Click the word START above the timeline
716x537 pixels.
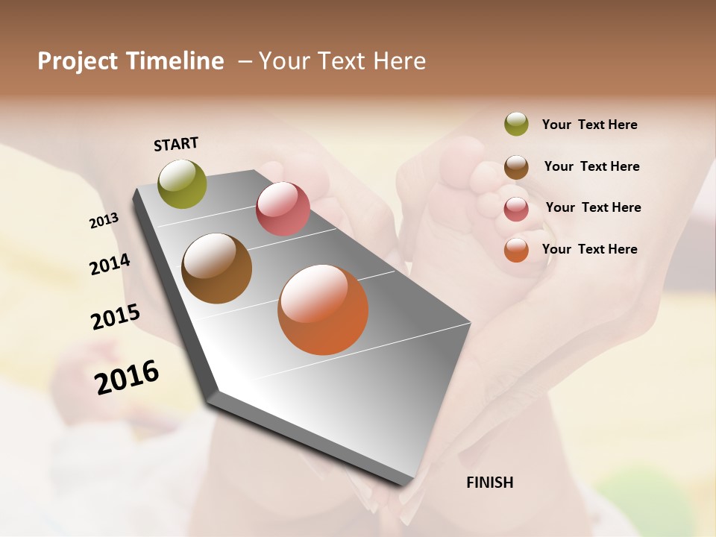[x=176, y=144]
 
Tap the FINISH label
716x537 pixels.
[x=489, y=483]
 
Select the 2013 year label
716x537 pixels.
[x=104, y=221]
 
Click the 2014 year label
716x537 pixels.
[x=110, y=264]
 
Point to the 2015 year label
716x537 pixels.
[x=116, y=317]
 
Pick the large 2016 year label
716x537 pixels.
[x=127, y=377]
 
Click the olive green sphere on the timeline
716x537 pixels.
[x=183, y=184]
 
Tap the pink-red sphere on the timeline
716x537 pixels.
[x=283, y=209]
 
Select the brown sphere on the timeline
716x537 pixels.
[x=216, y=268]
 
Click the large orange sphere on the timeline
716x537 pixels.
[x=323, y=310]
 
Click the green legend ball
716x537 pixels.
[x=516, y=124]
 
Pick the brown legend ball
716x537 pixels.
[x=516, y=167]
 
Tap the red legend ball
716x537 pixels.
[x=516, y=209]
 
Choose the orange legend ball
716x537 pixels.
[x=516, y=250]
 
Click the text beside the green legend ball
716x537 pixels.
[x=589, y=125]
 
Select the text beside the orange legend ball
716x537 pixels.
[x=589, y=248]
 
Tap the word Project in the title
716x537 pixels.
[x=78, y=61]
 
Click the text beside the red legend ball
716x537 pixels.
[x=593, y=207]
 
